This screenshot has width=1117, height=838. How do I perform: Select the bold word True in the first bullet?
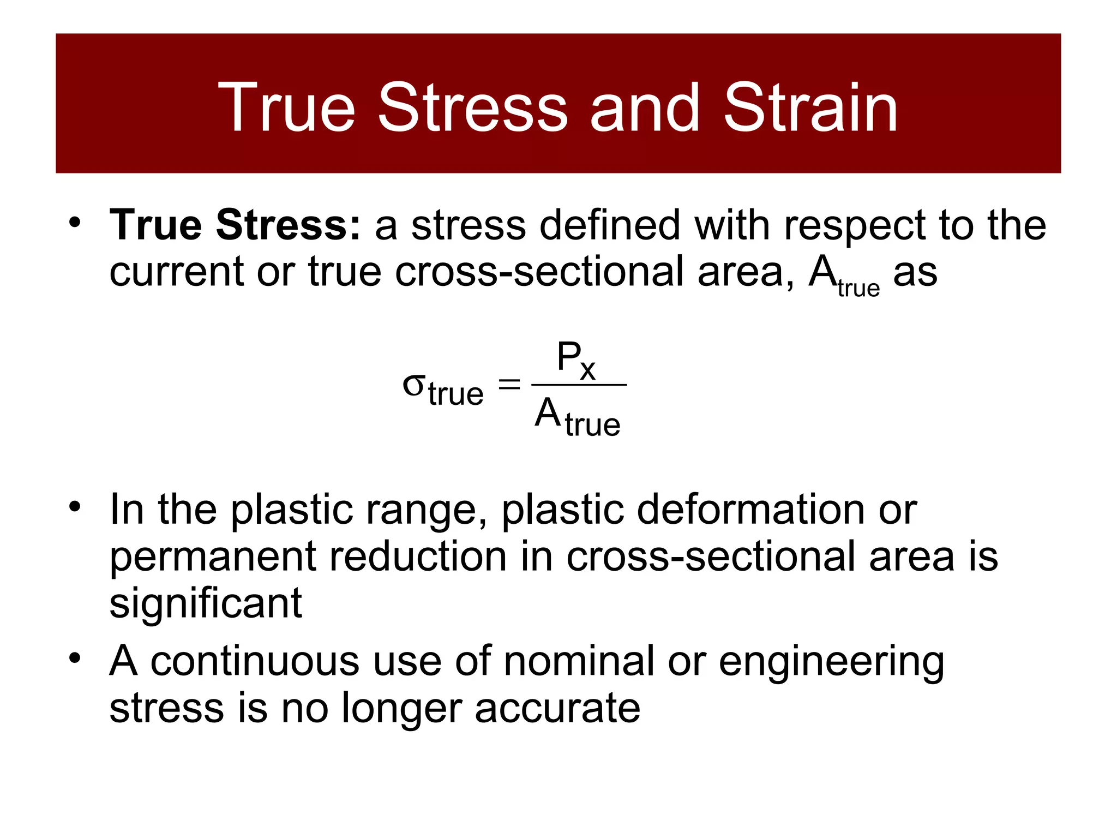point(156,225)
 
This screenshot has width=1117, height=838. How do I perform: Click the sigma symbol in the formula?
point(413,385)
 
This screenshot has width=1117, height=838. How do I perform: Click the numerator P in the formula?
point(568,357)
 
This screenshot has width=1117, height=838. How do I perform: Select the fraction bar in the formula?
point(579,385)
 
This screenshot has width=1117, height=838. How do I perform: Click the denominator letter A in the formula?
point(548,413)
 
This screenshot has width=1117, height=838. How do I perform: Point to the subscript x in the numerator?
point(587,370)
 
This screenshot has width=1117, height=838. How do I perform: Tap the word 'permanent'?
point(213,556)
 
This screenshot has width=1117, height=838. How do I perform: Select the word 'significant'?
point(206,603)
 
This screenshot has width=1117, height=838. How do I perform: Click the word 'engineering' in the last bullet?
point(831,662)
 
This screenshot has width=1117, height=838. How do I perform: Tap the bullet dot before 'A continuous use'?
point(75,658)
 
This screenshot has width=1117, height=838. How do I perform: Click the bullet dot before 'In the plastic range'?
point(75,506)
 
